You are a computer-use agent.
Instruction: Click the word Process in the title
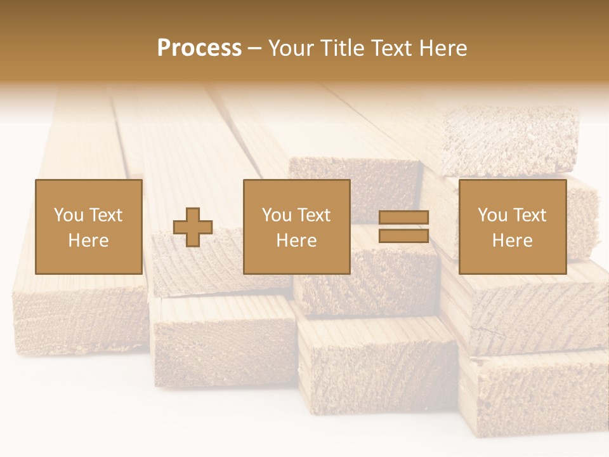pyautogui.click(x=199, y=48)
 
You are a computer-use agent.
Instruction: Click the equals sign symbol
pyautogui.click(x=403, y=227)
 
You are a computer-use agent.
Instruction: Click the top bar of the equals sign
pyautogui.click(x=403, y=218)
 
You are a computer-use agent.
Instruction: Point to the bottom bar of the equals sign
pyautogui.click(x=403, y=235)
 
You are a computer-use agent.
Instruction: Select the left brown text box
pyautogui.click(x=88, y=227)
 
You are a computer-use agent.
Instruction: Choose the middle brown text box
pyautogui.click(x=296, y=227)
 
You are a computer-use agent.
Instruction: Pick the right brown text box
pyautogui.click(x=512, y=227)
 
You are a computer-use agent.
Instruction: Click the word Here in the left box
pyautogui.click(x=88, y=241)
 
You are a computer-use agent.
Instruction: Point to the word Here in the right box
pyautogui.click(x=512, y=241)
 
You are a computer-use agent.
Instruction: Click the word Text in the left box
pyautogui.click(x=105, y=215)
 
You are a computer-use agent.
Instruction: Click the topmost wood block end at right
pyautogui.click(x=509, y=141)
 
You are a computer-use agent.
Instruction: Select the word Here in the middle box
pyautogui.click(x=296, y=241)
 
